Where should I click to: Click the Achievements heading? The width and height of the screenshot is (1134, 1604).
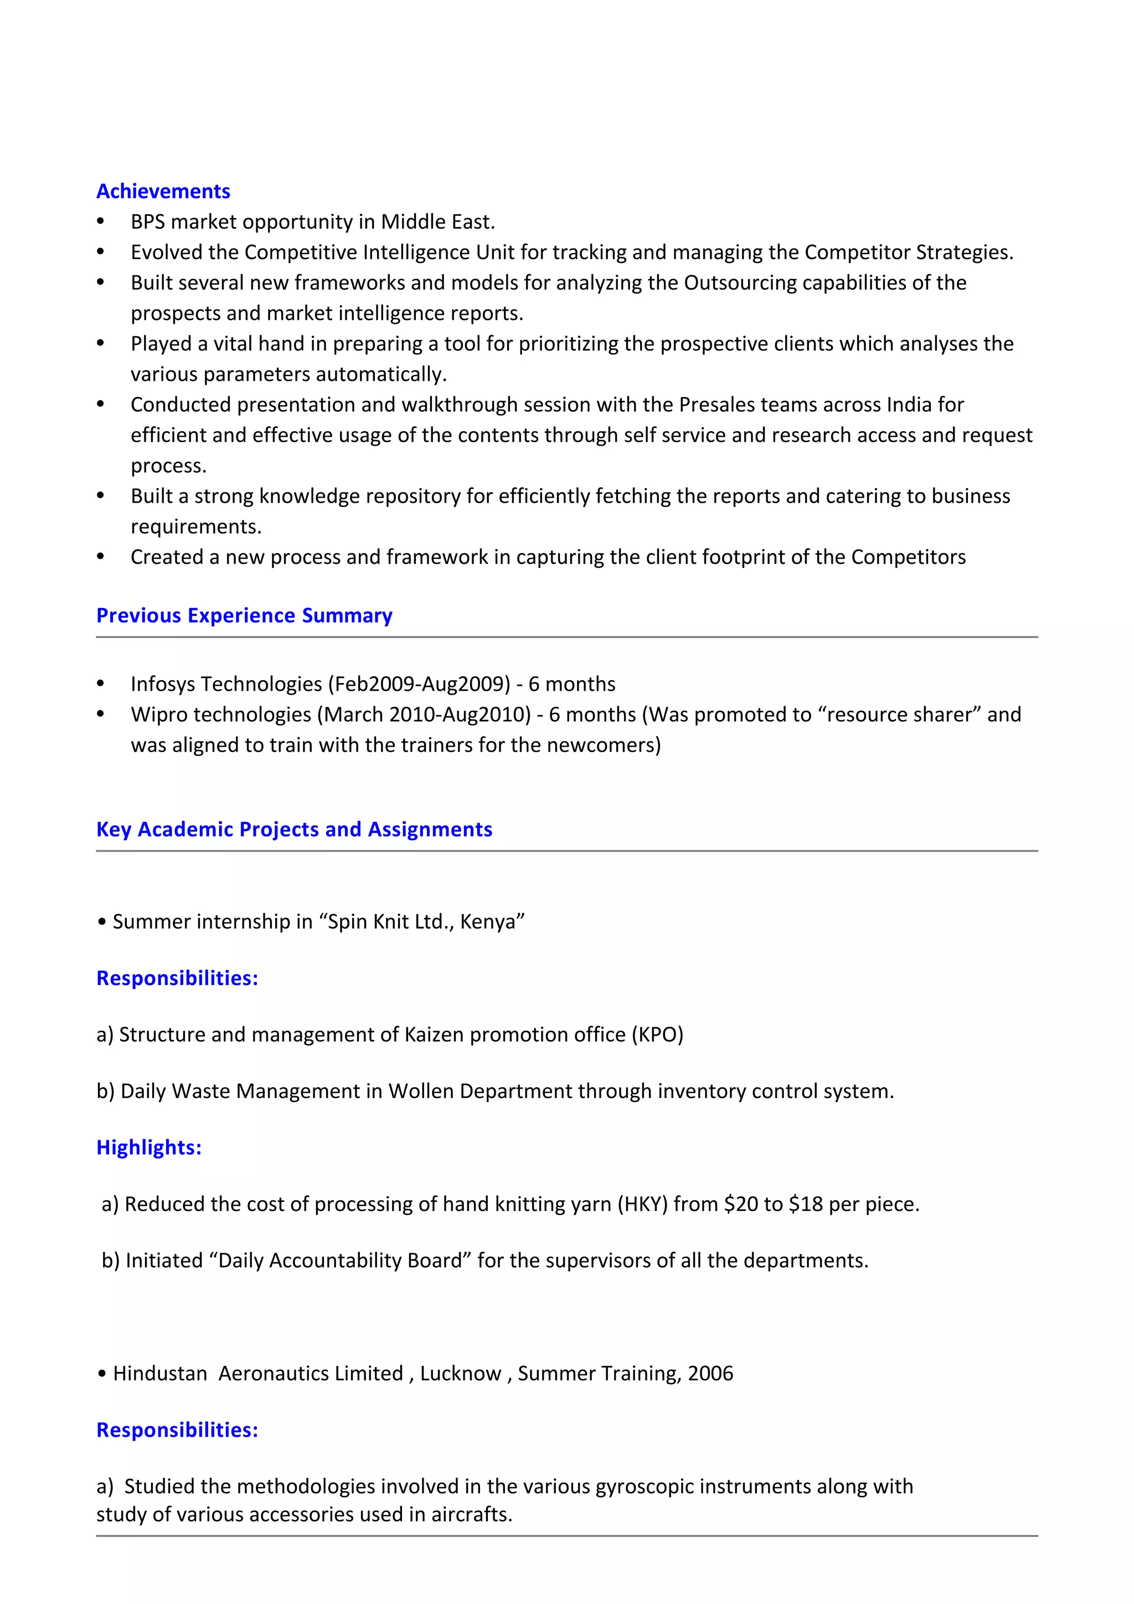pyautogui.click(x=163, y=192)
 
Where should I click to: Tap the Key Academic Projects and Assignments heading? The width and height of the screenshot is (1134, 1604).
pyautogui.click(x=294, y=829)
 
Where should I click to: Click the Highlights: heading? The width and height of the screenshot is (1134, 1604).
pyautogui.click(x=149, y=1147)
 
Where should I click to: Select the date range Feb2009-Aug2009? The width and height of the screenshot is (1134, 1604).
pyautogui.click(x=419, y=684)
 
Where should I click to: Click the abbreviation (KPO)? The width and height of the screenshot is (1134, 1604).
pyautogui.click(x=657, y=1034)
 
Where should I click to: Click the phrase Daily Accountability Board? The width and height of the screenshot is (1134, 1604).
pyautogui.click(x=341, y=1261)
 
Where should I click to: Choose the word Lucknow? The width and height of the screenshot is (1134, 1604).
pyautogui.click(x=461, y=1373)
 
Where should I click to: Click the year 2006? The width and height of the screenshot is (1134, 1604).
pyautogui.click(x=710, y=1373)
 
